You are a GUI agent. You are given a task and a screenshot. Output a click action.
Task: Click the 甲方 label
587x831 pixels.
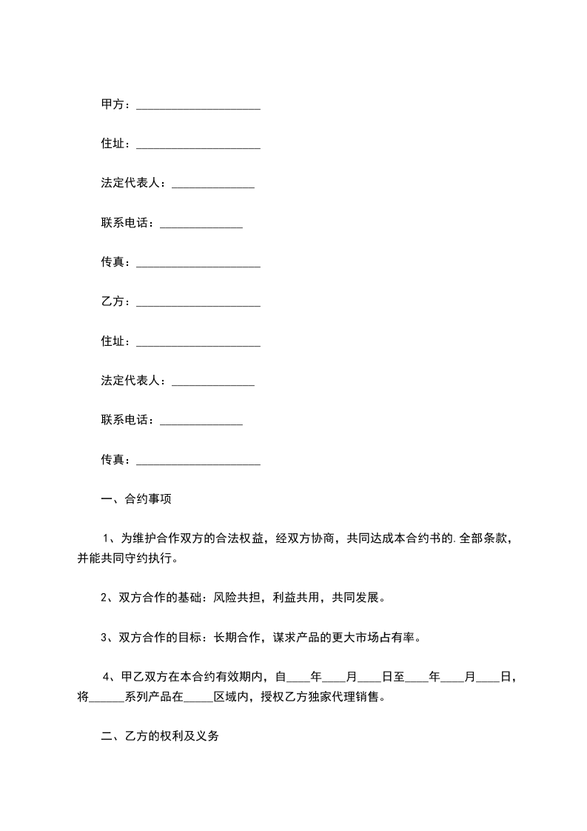click(113, 104)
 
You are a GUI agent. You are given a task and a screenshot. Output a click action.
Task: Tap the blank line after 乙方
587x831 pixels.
click(198, 303)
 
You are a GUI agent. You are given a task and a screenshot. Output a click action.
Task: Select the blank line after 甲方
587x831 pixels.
click(198, 106)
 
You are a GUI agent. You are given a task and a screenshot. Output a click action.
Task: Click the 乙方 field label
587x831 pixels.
click(113, 301)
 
